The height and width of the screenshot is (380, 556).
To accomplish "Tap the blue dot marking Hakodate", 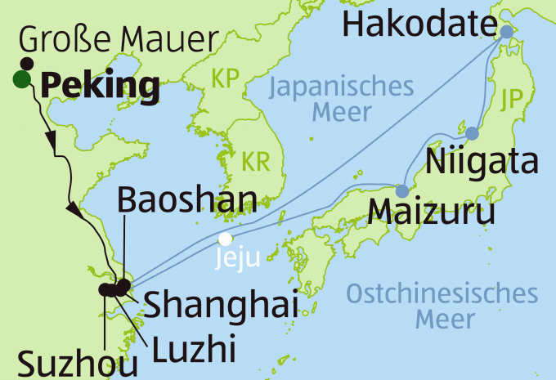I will coord(506,32).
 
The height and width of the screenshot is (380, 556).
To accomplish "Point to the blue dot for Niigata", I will coord(473,132).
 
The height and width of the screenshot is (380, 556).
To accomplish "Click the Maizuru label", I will coord(432,212).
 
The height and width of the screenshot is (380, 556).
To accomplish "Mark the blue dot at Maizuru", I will coord(401,191).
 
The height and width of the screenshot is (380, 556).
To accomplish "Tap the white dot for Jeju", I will coord(224,239).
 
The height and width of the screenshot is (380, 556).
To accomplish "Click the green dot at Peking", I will coord(20,79).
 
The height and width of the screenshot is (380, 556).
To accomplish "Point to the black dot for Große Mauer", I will coord(27,64).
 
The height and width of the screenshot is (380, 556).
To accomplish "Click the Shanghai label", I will coord(220,306).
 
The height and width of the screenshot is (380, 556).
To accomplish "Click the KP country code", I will coord(226,79).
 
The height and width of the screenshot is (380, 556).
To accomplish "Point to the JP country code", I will coord(512,96).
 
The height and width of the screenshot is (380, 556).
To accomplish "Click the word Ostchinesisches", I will coord(443,293).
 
